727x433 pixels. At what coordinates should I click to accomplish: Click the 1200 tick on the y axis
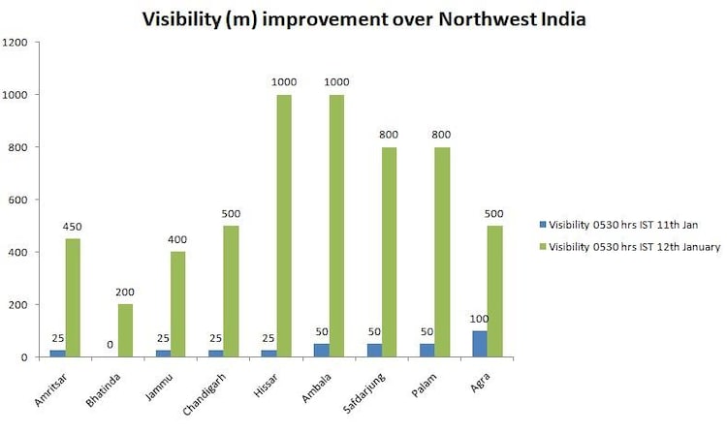[x=16, y=43]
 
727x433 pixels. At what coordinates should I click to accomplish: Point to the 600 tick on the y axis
[x=19, y=200]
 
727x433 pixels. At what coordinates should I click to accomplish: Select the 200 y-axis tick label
[x=19, y=304]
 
